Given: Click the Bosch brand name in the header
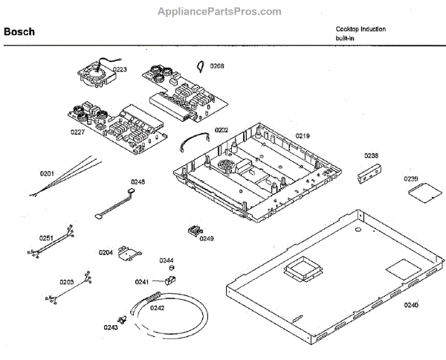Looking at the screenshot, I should click(x=19, y=32).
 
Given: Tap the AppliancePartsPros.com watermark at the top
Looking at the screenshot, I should click(x=220, y=11).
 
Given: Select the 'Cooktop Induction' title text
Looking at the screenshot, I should click(x=361, y=29).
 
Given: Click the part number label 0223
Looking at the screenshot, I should click(x=120, y=69).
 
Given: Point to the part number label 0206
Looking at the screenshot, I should click(x=217, y=66).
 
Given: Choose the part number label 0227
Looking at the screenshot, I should click(x=78, y=132).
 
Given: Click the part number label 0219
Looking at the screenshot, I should click(x=303, y=135).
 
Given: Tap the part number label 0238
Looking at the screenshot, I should click(x=371, y=155).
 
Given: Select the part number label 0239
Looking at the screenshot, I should click(x=411, y=179).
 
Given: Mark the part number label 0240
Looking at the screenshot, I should click(x=411, y=305).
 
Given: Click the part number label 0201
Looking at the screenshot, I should click(x=47, y=173).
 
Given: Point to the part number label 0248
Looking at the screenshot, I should click(x=138, y=181).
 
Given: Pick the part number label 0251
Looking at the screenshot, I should click(x=46, y=238).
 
